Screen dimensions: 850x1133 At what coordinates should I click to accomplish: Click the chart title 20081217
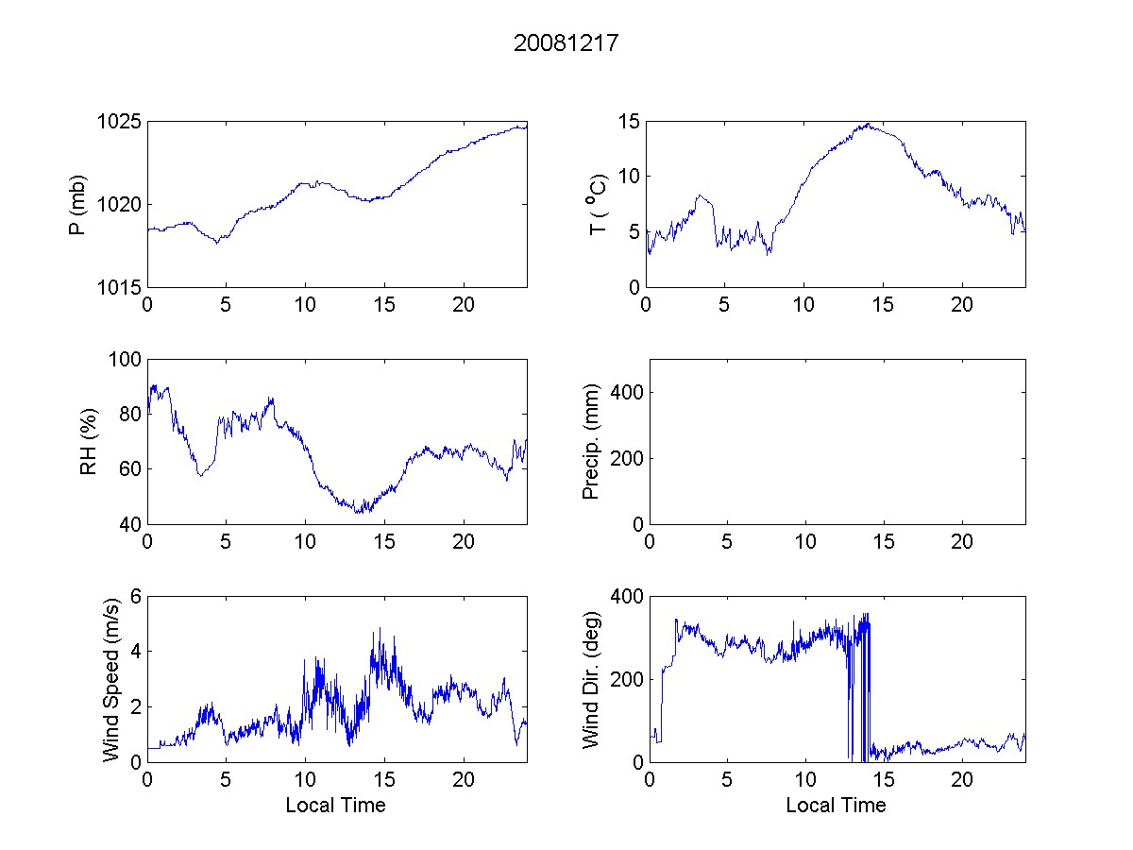pyautogui.click(x=566, y=43)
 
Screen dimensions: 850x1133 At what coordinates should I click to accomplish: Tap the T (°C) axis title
pyautogui.click(x=597, y=205)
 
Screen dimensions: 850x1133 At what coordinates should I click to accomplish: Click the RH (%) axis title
pyautogui.click(x=89, y=441)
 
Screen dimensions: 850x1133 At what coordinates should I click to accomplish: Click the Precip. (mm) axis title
pyautogui.click(x=592, y=441)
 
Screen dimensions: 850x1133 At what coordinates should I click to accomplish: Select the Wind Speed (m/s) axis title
pyautogui.click(x=110, y=679)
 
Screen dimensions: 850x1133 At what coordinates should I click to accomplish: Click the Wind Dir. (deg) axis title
pyautogui.click(x=592, y=679)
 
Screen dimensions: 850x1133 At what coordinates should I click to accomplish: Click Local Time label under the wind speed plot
pyautogui.click(x=335, y=806)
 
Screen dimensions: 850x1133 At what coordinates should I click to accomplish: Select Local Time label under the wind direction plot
pyautogui.click(x=836, y=806)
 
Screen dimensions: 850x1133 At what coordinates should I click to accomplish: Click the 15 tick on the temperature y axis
pyautogui.click(x=630, y=122)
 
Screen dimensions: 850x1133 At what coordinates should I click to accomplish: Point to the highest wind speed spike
pyautogui.click(x=380, y=628)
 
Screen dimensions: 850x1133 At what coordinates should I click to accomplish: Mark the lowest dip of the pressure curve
pyautogui.click(x=218, y=243)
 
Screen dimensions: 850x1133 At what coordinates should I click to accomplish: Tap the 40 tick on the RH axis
pyautogui.click(x=131, y=524)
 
